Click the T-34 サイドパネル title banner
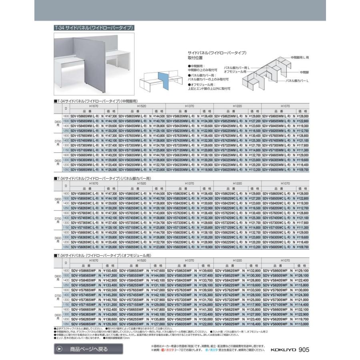(x=93, y=28)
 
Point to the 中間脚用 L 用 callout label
(x=299, y=58)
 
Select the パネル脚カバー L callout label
(x=298, y=81)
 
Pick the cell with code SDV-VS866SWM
(x=87, y=116)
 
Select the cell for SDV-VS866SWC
(x=87, y=193)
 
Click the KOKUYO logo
(x=283, y=349)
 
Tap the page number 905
(x=304, y=349)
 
